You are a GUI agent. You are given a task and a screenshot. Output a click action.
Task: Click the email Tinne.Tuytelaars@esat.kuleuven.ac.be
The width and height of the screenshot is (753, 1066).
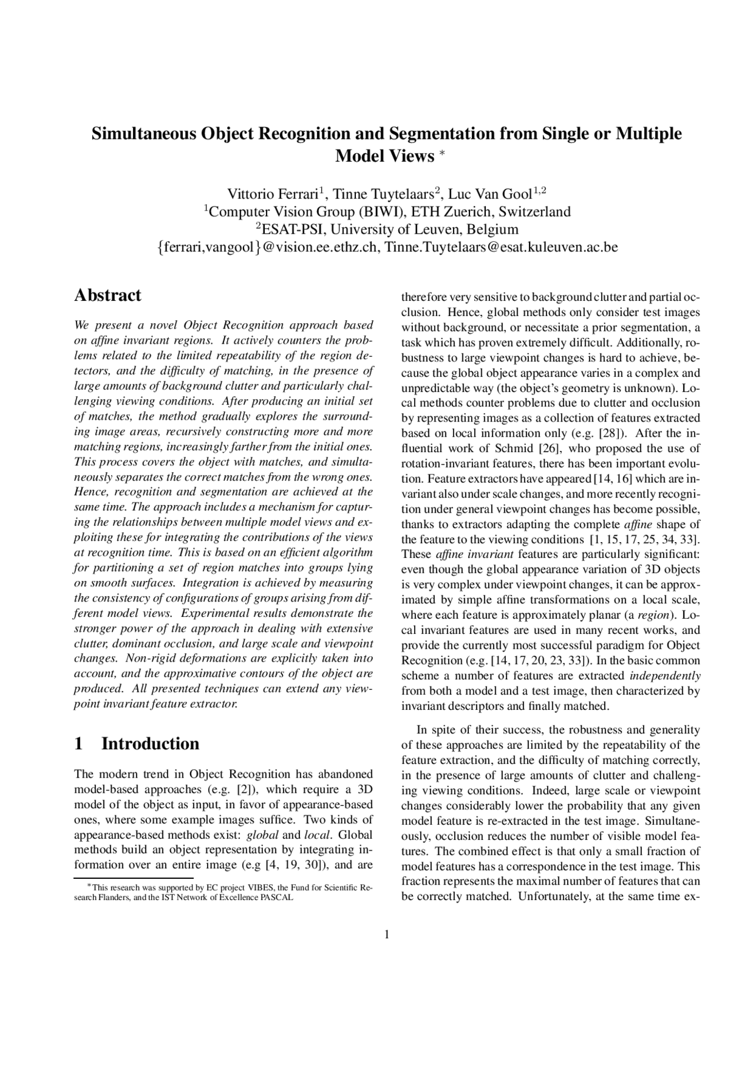pyautogui.click(x=501, y=247)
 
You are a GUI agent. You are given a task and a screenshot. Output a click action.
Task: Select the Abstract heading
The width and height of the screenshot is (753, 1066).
pyautogui.click(x=108, y=295)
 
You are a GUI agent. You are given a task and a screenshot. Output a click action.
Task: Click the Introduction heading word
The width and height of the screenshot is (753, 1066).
pyautogui.click(x=151, y=744)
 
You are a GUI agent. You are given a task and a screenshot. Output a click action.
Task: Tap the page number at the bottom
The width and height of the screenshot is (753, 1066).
pyautogui.click(x=387, y=935)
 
